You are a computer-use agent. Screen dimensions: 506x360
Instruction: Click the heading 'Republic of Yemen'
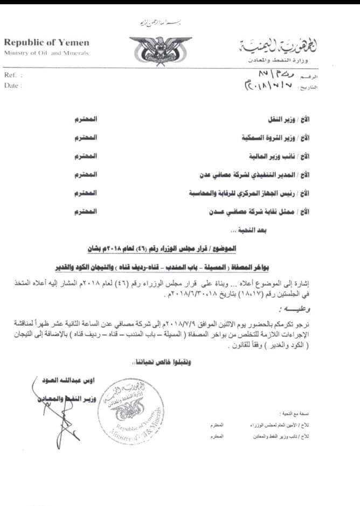47,43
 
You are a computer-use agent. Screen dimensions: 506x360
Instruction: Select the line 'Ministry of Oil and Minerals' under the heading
47,52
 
